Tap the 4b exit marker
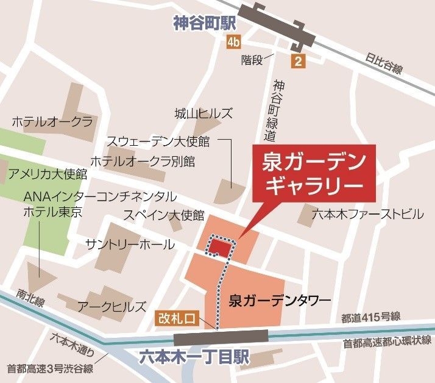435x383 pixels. tap(233, 42)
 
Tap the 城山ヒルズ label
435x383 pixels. tap(203, 113)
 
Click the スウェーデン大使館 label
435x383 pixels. tap(158, 141)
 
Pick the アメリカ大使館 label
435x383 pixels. tap(48, 174)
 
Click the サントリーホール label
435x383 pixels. tap(130, 245)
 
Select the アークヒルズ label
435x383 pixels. tap(111, 306)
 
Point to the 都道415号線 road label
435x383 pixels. tap(370, 317)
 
